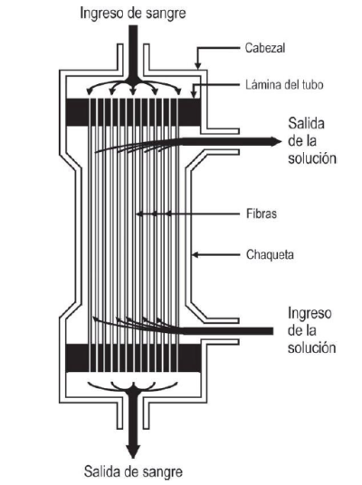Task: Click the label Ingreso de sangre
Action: pos(133,14)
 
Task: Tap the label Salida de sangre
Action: pos(133,471)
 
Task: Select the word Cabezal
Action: pos(265,48)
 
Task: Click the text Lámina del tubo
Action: pos(284,84)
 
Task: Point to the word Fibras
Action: pos(262,214)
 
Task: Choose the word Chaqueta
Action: pos(270,255)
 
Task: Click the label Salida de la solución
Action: pos(312,141)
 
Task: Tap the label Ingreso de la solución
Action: pos(312,330)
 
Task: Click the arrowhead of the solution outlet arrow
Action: pos(276,141)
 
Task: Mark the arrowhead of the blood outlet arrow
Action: pos(133,451)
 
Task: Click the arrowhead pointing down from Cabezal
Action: pos(197,65)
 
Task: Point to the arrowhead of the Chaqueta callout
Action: pos(195,255)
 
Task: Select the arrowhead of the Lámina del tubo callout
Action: pos(194,95)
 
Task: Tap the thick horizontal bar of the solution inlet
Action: pos(227,331)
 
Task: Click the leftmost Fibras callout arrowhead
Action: pos(140,214)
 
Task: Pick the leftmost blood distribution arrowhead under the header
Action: pos(90,91)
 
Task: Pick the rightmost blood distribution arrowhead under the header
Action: pos(178,91)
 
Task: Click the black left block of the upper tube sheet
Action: pos(78,112)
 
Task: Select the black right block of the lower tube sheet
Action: pos(190,357)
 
